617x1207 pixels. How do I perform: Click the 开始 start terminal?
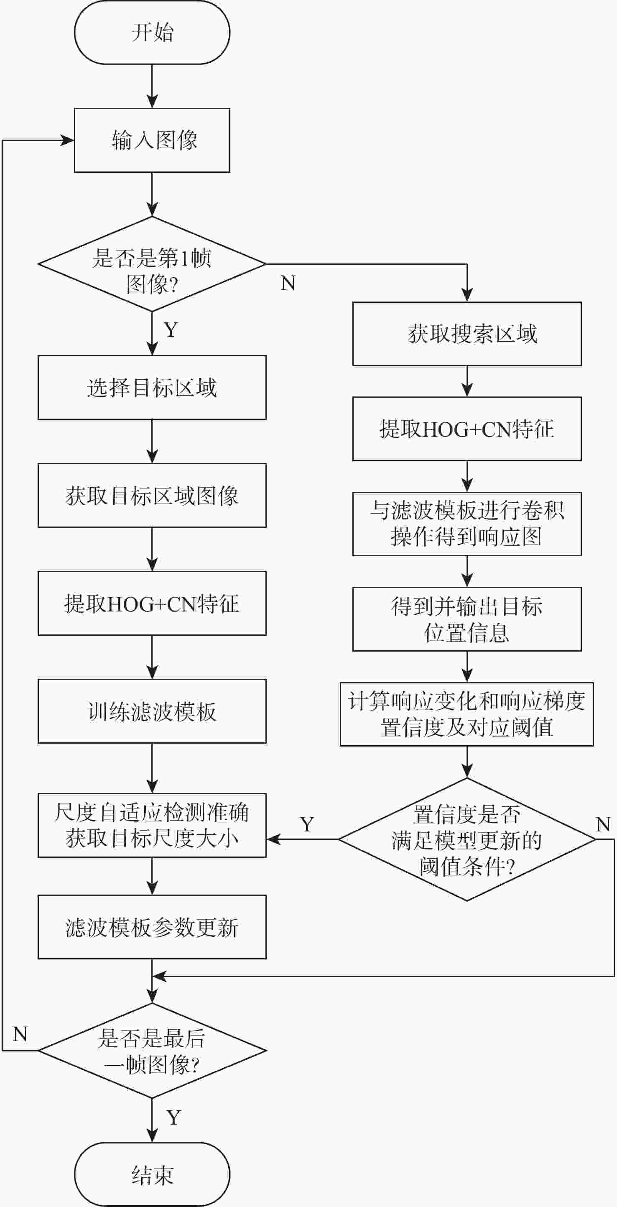(x=152, y=32)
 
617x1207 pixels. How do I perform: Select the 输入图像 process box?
(x=152, y=140)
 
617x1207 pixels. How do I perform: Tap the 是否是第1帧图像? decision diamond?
(x=152, y=264)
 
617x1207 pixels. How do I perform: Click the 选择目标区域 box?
(x=152, y=388)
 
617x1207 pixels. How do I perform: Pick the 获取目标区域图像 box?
(x=152, y=495)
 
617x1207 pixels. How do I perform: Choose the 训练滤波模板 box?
(x=152, y=711)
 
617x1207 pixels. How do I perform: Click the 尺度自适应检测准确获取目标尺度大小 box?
(x=152, y=825)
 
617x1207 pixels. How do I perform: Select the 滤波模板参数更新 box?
(x=152, y=927)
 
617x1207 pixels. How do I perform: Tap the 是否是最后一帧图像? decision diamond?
(x=152, y=1051)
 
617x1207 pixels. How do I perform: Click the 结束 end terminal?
(x=152, y=1175)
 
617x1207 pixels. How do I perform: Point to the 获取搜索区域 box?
(x=467, y=334)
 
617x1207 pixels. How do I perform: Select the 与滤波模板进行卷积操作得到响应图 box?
(x=467, y=524)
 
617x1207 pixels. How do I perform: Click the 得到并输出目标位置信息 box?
(x=467, y=619)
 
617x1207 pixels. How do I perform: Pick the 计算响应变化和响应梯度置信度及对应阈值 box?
(x=467, y=714)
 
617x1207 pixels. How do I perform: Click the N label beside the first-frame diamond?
(x=288, y=283)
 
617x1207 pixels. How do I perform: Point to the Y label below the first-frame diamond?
(x=171, y=330)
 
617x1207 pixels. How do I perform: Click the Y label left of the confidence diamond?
(x=307, y=824)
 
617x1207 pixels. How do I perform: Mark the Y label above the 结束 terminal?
(x=173, y=1118)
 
